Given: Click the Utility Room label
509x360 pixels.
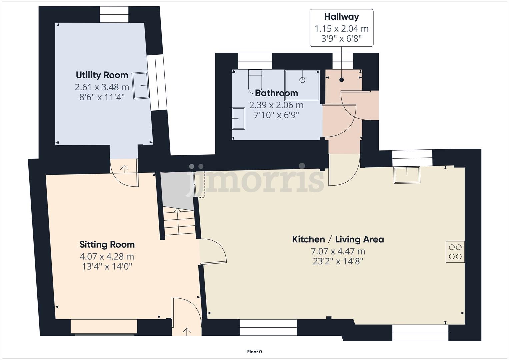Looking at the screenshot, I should (102, 75).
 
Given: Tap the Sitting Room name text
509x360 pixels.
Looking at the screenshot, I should (107, 245).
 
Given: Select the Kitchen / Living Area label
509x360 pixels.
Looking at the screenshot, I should (338, 239).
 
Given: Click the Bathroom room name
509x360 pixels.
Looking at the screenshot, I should (276, 93).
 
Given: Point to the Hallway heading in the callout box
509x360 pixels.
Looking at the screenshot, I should (341, 17).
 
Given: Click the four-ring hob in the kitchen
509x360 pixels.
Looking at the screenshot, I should (455, 252).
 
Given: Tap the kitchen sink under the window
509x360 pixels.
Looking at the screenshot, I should (407, 175).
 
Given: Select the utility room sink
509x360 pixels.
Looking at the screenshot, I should (141, 86).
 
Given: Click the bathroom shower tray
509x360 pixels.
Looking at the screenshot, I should (302, 85).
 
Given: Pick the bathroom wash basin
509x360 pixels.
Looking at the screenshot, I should (238, 118).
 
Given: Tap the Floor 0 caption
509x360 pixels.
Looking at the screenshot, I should (254, 352).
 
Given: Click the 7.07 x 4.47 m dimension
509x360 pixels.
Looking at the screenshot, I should (338, 251).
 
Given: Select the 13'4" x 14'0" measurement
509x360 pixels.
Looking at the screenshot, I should (107, 266).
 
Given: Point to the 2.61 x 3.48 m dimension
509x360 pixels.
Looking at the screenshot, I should (102, 87).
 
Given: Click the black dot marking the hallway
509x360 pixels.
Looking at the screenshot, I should (341, 80).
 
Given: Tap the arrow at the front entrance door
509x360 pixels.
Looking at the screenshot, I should (186, 331).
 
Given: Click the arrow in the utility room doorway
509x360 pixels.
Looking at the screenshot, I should (124, 169).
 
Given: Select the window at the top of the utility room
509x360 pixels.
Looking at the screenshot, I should (114, 14).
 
